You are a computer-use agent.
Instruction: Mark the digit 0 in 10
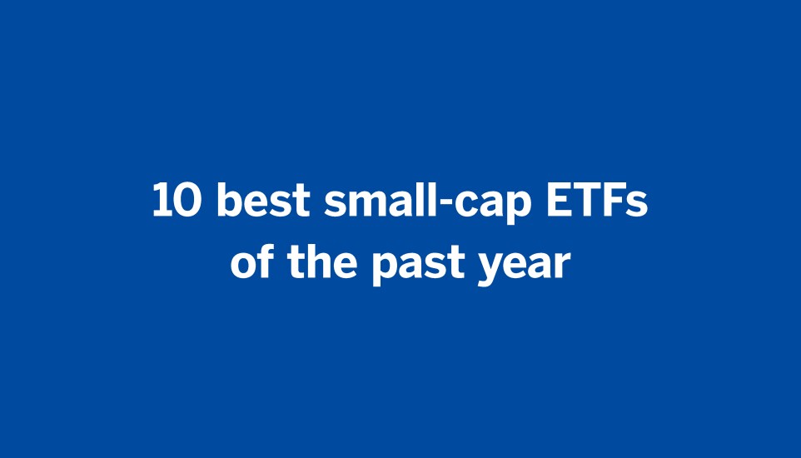click(x=189, y=202)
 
